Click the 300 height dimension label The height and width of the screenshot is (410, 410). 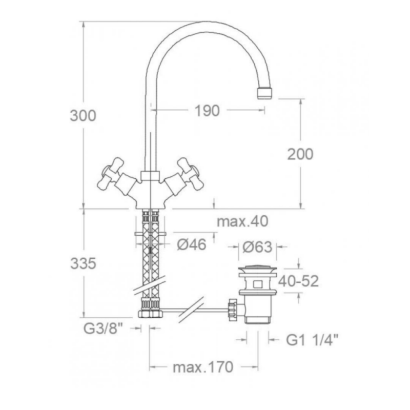pyautogui.click(x=83, y=116)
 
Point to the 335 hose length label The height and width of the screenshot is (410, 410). pyautogui.click(x=83, y=264)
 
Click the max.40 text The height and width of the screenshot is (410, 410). pyautogui.click(x=243, y=222)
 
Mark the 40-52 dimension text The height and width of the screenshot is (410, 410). pyautogui.click(x=299, y=281)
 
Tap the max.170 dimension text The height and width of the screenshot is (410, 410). pyautogui.click(x=203, y=367)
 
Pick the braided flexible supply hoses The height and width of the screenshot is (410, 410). pyautogui.click(x=150, y=256)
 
